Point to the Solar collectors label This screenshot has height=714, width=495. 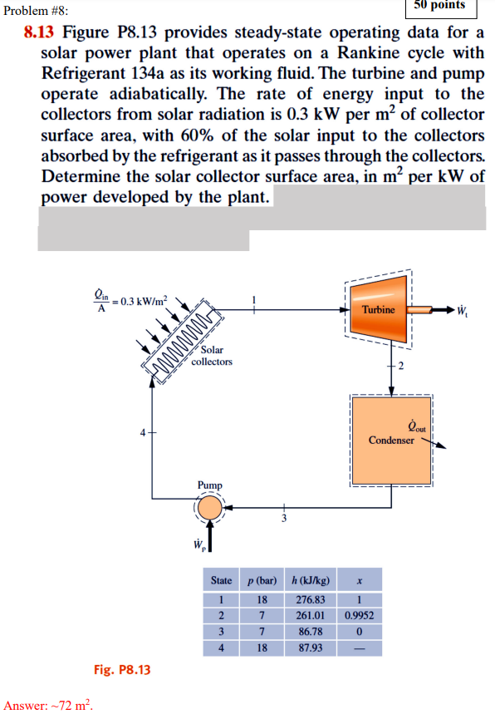[x=212, y=356]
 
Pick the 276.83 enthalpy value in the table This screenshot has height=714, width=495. [x=310, y=598]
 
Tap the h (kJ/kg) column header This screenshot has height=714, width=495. [x=310, y=579]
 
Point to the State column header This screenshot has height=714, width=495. [x=222, y=579]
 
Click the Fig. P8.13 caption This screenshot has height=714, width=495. [x=122, y=669]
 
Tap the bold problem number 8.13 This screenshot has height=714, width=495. [x=39, y=33]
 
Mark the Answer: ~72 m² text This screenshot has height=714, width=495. [x=48, y=705]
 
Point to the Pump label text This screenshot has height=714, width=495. [x=210, y=484]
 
